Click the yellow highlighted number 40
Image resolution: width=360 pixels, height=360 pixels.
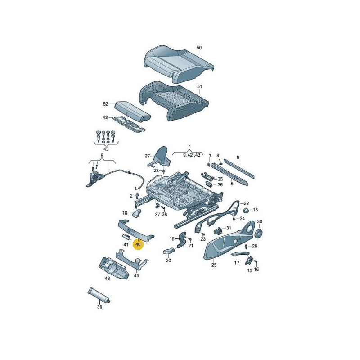pyautogui.click(x=138, y=244)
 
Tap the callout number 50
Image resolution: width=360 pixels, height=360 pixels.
pyautogui.click(x=199, y=48)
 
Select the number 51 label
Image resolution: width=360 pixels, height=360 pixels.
pyautogui.click(x=199, y=86)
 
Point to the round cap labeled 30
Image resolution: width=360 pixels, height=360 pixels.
pyautogui.click(x=259, y=233)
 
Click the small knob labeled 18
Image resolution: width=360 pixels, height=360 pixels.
pyautogui.click(x=246, y=210)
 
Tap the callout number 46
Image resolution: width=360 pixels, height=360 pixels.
pyautogui.click(x=107, y=279)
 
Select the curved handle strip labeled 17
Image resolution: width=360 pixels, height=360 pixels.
pyautogui.click(x=240, y=253)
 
